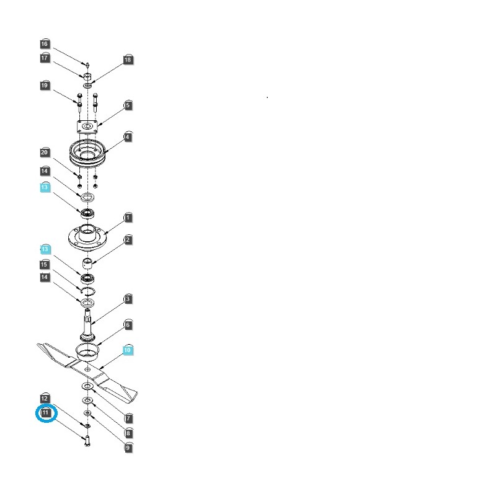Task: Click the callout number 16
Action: (x=45, y=44)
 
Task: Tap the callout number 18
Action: (x=128, y=60)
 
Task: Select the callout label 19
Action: (x=45, y=86)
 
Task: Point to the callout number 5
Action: (x=128, y=106)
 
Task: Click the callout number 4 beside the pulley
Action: (x=128, y=137)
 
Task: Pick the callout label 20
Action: (x=45, y=153)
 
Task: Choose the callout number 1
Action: (x=128, y=218)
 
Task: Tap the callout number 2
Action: (x=128, y=240)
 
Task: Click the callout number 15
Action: (x=45, y=265)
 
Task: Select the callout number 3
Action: (x=128, y=299)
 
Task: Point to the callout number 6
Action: (x=128, y=325)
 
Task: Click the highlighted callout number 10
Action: (x=128, y=350)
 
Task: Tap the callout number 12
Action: (x=45, y=398)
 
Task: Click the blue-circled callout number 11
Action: (x=46, y=412)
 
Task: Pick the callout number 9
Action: (x=128, y=447)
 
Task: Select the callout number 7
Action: (x=128, y=418)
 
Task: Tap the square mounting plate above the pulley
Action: (x=86, y=126)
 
